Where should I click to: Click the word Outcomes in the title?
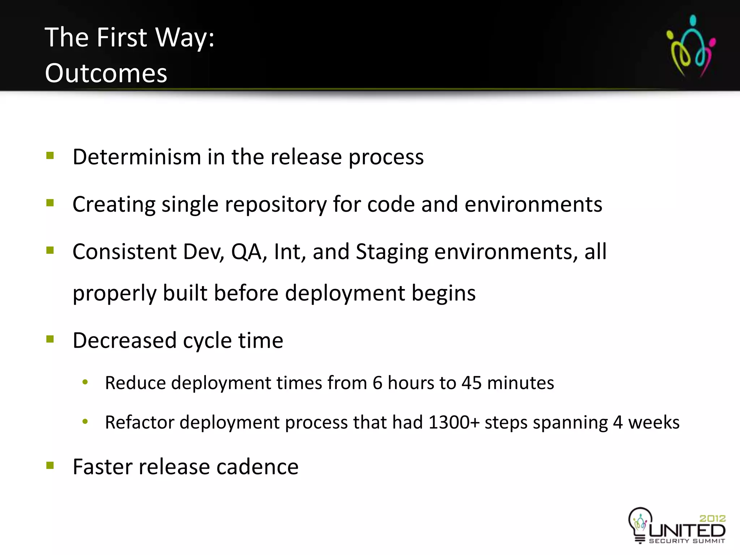[106, 73]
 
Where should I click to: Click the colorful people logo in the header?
[690, 46]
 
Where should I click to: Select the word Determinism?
[137, 157]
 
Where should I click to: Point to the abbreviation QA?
[246, 252]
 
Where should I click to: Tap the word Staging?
[392, 252]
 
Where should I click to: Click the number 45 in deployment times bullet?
[471, 383]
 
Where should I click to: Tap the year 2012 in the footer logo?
[712, 519]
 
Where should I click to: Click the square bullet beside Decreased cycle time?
[50, 339]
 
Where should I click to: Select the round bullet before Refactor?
[85, 421]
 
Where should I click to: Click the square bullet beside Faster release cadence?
[50, 465]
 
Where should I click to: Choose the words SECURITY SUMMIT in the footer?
[687, 541]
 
